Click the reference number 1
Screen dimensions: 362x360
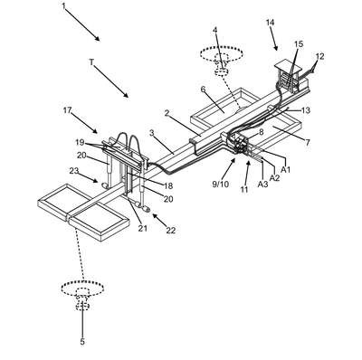click(63, 5)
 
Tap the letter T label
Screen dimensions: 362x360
click(92, 62)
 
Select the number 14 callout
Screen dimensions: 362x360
click(271, 22)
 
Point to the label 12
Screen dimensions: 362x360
click(319, 57)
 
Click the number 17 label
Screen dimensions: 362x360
click(67, 110)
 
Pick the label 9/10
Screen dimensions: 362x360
click(221, 184)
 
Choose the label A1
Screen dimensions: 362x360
click(285, 170)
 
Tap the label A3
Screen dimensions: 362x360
click(262, 184)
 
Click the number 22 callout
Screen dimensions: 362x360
click(171, 230)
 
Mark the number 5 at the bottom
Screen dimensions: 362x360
click(82, 342)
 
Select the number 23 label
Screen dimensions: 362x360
click(74, 171)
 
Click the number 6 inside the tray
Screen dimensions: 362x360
click(203, 90)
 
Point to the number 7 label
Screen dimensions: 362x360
click(308, 142)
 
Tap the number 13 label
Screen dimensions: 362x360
click(306, 110)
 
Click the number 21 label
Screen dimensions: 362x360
click(143, 228)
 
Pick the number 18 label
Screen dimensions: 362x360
click(168, 186)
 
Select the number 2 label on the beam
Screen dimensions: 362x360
click(167, 113)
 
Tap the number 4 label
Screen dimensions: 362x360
click(214, 30)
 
